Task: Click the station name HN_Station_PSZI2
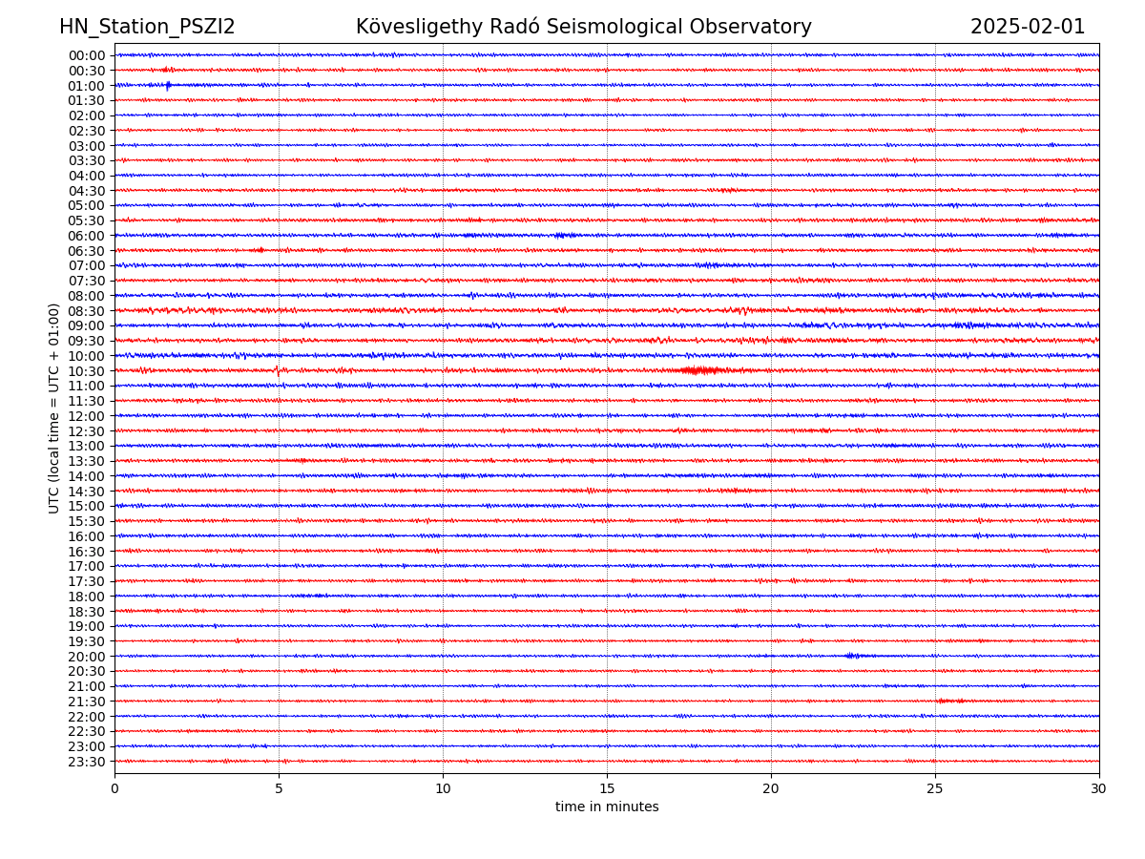click(x=147, y=27)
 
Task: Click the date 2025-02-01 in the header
click(x=1028, y=27)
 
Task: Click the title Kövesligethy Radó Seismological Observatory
click(x=584, y=27)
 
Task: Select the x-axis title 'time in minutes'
click(x=607, y=807)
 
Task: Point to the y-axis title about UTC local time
click(x=54, y=409)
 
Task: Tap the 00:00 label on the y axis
click(x=87, y=55)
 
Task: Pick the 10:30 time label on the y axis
click(x=87, y=371)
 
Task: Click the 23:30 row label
click(x=87, y=762)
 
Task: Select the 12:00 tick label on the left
click(x=87, y=416)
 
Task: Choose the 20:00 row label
click(x=87, y=657)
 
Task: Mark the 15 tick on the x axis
click(x=607, y=788)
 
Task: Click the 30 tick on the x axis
click(x=1099, y=788)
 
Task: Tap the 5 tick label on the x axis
click(x=279, y=788)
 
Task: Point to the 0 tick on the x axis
click(x=114, y=788)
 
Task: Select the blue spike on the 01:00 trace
click(x=168, y=86)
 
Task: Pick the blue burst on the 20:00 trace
click(x=852, y=656)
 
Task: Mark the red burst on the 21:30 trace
click(x=949, y=701)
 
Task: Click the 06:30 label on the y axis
click(x=87, y=251)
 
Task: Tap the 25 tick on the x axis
click(x=935, y=788)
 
